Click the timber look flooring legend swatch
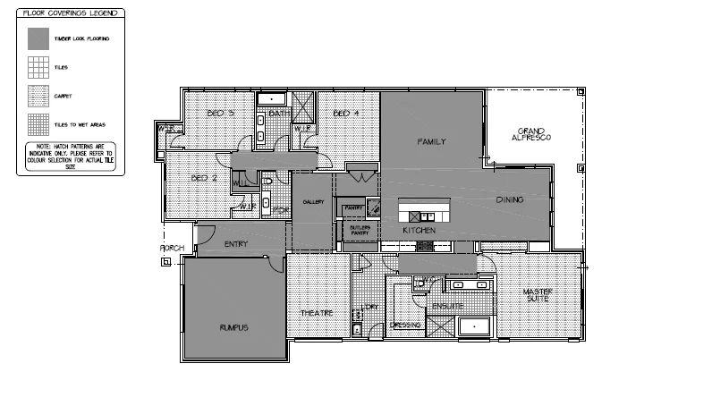pyautogui.click(x=37, y=38)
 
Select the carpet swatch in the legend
pyautogui.click(x=37, y=94)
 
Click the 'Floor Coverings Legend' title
pyautogui.click(x=70, y=14)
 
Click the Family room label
pyautogui.click(x=432, y=141)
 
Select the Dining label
pyautogui.click(x=510, y=199)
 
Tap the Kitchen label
pyautogui.click(x=419, y=231)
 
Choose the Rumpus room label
pyautogui.click(x=233, y=328)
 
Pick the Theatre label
pyautogui.click(x=317, y=313)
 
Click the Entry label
pyautogui.click(x=236, y=243)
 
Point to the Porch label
pyautogui.click(x=172, y=248)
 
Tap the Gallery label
pyautogui.click(x=312, y=203)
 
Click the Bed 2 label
pyautogui.click(x=205, y=178)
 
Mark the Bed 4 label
pyautogui.click(x=346, y=114)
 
